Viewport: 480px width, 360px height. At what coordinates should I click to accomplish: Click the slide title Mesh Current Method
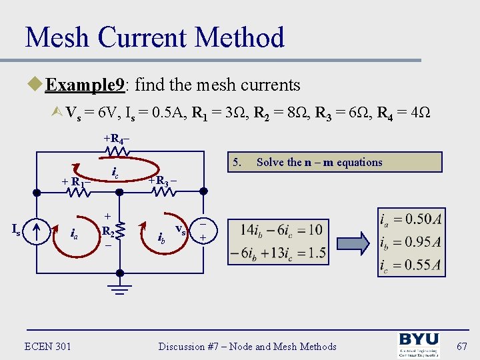click(x=155, y=37)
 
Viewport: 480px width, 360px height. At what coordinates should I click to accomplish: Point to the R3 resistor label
click(x=163, y=180)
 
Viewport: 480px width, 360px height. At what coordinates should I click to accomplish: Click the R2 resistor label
click(x=107, y=231)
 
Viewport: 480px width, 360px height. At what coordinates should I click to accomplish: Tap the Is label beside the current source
click(x=18, y=229)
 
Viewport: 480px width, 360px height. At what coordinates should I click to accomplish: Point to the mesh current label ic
click(x=115, y=175)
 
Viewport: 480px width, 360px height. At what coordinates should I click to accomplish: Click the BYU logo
click(x=419, y=345)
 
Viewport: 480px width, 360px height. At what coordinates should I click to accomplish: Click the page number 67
click(x=461, y=346)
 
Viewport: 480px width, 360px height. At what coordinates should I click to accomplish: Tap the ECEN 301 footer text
click(x=48, y=346)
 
